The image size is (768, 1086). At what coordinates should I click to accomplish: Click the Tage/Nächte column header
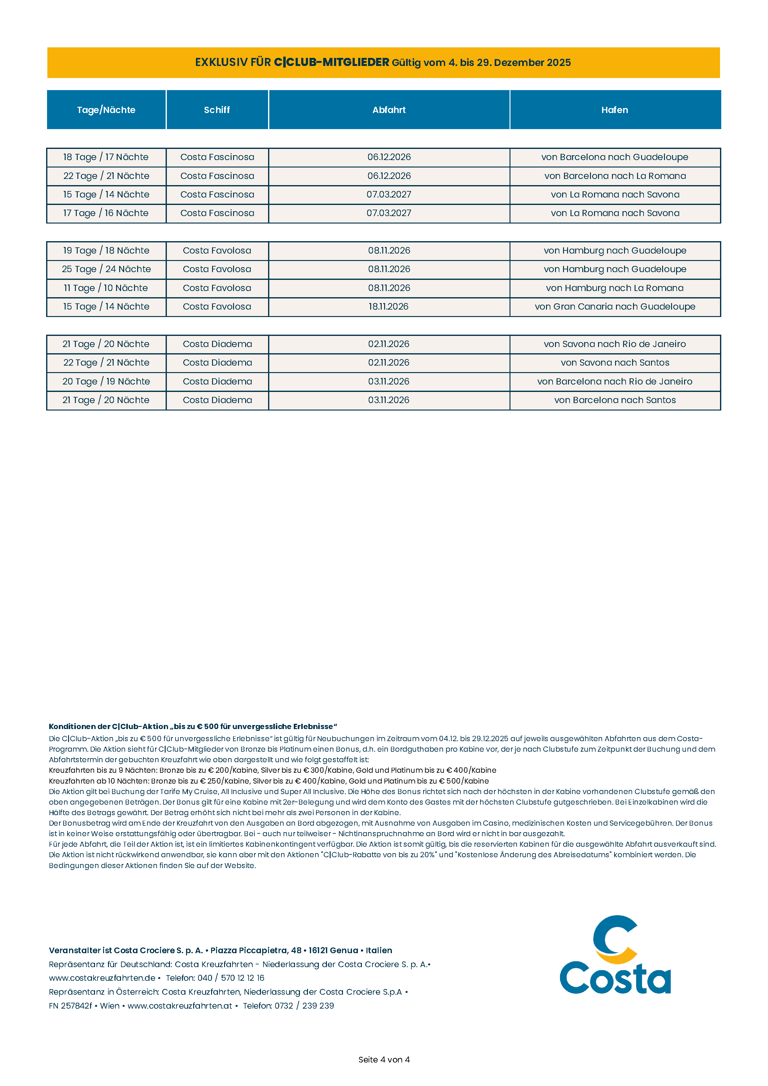tap(106, 110)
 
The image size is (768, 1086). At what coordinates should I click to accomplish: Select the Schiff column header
tap(217, 110)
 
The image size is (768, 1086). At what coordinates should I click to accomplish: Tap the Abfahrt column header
tap(389, 110)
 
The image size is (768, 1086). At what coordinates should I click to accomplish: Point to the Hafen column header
tap(615, 110)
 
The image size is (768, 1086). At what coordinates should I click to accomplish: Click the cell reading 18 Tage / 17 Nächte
tap(106, 157)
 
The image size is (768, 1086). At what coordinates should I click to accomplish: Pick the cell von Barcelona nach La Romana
tap(615, 176)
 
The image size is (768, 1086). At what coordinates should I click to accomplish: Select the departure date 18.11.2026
tap(389, 306)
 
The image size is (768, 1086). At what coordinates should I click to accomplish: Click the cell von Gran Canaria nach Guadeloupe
tap(615, 306)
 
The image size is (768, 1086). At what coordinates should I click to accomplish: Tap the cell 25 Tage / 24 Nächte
tap(106, 269)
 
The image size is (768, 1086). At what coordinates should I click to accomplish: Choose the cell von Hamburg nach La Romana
tap(615, 288)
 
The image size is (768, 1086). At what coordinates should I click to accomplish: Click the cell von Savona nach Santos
tap(615, 363)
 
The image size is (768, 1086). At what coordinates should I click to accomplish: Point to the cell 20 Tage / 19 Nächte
tap(106, 381)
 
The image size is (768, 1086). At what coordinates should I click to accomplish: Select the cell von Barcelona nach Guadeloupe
tap(615, 157)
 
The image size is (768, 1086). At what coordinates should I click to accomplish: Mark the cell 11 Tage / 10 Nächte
tap(106, 288)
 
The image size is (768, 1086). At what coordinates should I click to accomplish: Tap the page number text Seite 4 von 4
tap(384, 1059)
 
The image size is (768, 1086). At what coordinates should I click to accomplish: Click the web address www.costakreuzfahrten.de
tap(102, 978)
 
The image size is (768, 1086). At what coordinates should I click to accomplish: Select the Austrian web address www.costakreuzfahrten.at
tap(180, 1006)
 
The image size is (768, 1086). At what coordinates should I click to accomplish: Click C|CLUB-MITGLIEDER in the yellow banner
tap(332, 63)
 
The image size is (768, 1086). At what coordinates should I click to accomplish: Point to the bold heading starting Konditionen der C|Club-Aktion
tap(193, 727)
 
